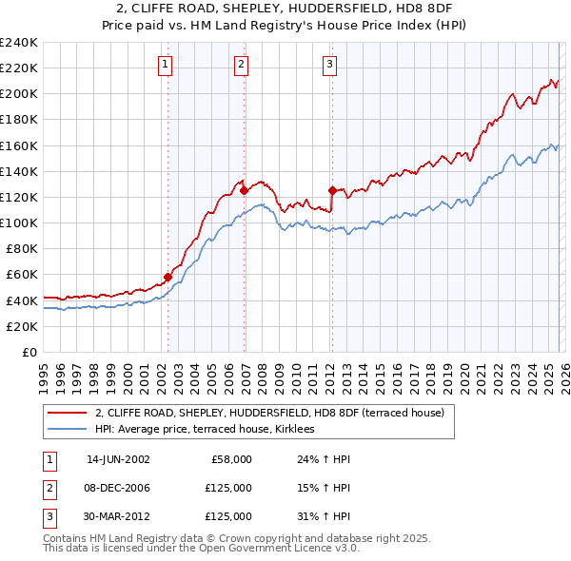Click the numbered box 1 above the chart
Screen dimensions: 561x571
pyautogui.click(x=166, y=65)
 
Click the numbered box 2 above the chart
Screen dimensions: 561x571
pyautogui.click(x=242, y=65)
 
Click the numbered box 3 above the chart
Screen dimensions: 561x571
pyautogui.click(x=329, y=65)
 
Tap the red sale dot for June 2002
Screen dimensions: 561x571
pyautogui.click(x=168, y=278)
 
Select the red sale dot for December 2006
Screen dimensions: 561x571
pyautogui.click(x=245, y=190)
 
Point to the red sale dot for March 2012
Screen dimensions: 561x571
pyautogui.click(x=332, y=190)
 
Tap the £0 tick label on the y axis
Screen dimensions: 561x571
pyautogui.click(x=29, y=352)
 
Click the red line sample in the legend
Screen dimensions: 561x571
pyautogui.click(x=67, y=414)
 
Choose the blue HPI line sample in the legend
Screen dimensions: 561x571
pyautogui.click(x=67, y=430)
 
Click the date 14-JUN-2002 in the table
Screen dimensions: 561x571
pyautogui.click(x=118, y=459)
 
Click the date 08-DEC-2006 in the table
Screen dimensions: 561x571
pyautogui.click(x=118, y=488)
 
